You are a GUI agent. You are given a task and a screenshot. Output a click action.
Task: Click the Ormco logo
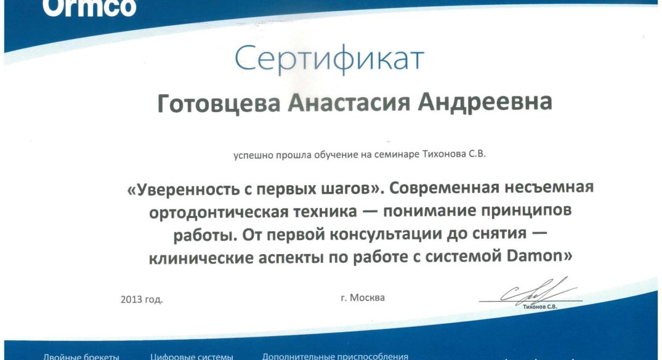point(89,7)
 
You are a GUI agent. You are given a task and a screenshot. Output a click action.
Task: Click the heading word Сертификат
point(329,59)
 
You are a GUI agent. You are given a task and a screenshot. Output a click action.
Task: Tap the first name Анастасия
point(349,103)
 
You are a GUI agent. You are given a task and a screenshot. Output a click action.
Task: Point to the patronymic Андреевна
point(485,102)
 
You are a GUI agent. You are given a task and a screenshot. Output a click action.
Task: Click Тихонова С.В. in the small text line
point(454,154)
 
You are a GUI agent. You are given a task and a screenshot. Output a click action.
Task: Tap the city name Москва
point(367,297)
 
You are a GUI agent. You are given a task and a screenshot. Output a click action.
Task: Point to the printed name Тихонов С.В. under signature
point(540,307)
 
